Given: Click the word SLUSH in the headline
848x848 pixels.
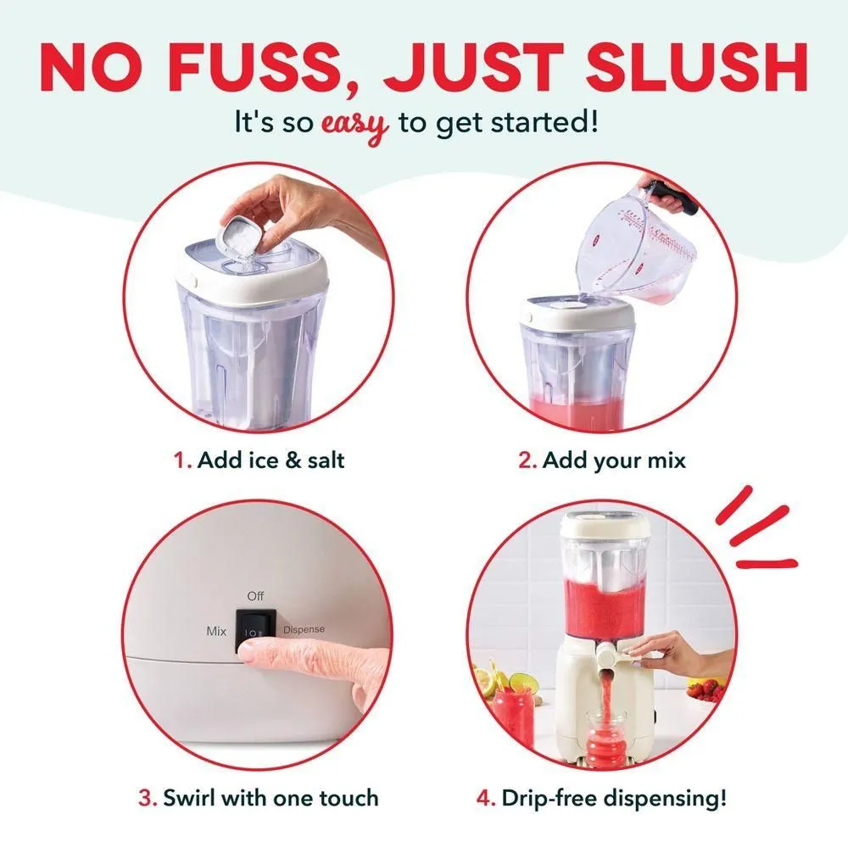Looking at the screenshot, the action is pos(696,68).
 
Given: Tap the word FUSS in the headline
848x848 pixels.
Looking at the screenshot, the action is pos(256,68).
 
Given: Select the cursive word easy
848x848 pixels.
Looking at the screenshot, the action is pos(355,124).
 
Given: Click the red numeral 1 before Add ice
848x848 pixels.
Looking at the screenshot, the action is pos(181,460).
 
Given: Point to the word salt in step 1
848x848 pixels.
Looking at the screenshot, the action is pos(326,460).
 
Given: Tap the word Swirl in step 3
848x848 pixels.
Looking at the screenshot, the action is pos(190,798).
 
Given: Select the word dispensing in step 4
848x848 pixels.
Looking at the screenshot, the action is pos(665,799).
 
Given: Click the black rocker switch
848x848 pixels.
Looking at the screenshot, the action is pos(256,630).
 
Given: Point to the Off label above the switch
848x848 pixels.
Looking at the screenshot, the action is pos(255,596).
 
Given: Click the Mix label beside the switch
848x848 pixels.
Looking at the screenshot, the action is pos(216,631).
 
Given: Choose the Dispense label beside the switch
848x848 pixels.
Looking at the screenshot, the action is pos(304,629).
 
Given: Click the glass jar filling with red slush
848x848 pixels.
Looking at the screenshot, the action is pos(605,738).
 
